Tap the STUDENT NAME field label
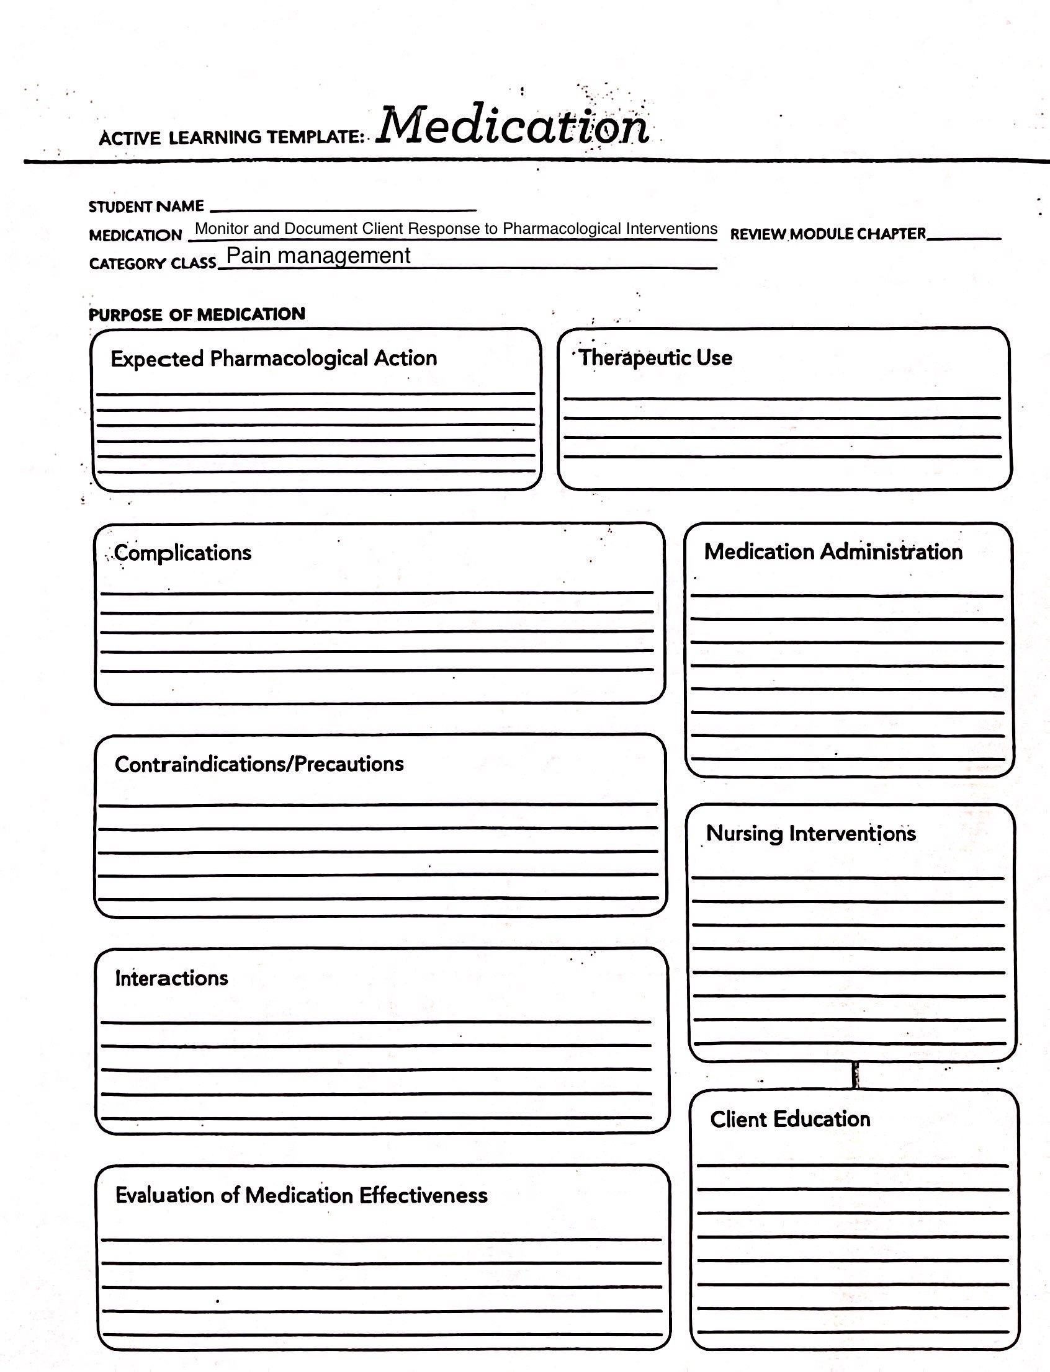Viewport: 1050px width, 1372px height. (x=146, y=206)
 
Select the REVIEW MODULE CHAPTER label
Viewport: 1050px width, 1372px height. (x=827, y=234)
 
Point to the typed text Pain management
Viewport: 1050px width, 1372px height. (x=318, y=256)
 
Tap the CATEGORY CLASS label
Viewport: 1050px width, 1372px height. (x=153, y=264)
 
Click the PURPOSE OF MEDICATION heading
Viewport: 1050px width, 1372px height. (x=197, y=314)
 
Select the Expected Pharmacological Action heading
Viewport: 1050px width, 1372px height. (x=274, y=359)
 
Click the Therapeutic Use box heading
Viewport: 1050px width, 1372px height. (x=655, y=358)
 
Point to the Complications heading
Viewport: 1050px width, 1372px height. (x=182, y=553)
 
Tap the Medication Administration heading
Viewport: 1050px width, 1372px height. (x=833, y=551)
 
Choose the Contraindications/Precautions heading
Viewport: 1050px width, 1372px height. (x=259, y=764)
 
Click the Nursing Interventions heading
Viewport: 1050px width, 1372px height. (x=810, y=834)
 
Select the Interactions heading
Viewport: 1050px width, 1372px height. (x=171, y=978)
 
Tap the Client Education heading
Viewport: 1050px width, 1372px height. (x=790, y=1119)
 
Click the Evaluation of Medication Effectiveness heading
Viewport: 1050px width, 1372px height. (x=301, y=1195)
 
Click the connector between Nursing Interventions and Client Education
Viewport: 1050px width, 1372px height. (x=856, y=1076)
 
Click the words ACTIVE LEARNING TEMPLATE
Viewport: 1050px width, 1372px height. (x=231, y=138)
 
